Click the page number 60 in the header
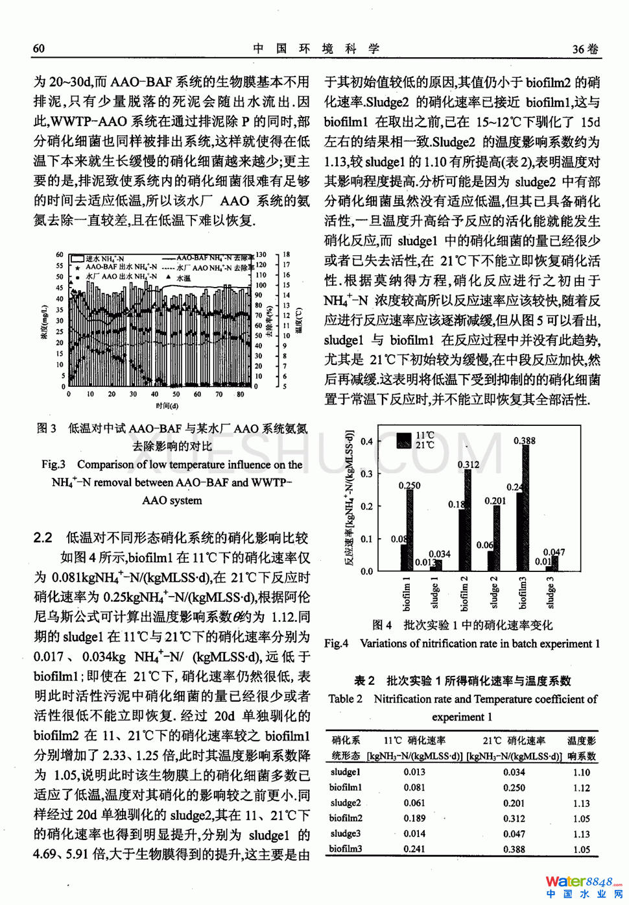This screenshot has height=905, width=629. click(x=39, y=49)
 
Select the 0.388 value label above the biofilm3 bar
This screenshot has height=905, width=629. click(x=524, y=441)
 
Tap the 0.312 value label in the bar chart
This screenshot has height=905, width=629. click(x=468, y=465)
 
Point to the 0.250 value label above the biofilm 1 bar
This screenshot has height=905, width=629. click(x=409, y=485)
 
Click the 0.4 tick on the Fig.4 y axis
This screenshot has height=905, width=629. click(x=367, y=441)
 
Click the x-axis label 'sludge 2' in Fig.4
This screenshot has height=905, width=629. click(x=493, y=592)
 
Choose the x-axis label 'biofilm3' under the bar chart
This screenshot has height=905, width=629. click(x=523, y=592)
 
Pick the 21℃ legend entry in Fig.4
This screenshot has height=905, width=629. click(x=425, y=445)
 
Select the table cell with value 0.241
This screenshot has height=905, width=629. click(x=414, y=849)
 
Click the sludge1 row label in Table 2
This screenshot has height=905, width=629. click(x=345, y=772)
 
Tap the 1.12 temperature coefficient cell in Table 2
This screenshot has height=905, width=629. click(x=581, y=787)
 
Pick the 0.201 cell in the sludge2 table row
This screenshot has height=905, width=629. click(x=514, y=803)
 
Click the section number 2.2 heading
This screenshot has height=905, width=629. click(x=43, y=538)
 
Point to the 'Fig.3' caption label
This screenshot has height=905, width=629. click(x=53, y=464)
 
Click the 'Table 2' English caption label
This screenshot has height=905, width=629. click(x=345, y=699)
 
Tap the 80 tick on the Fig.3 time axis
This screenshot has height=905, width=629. click(x=240, y=394)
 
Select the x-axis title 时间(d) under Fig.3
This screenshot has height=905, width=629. click(x=167, y=406)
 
